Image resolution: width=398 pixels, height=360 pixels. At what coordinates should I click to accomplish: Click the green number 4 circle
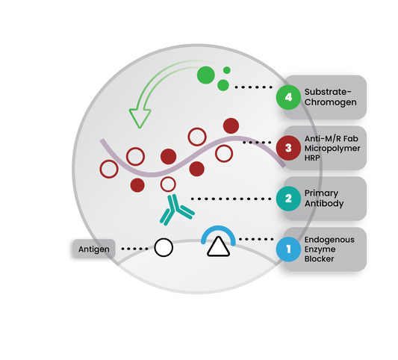[x=288, y=97]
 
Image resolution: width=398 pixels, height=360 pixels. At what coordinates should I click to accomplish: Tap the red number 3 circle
[x=288, y=148]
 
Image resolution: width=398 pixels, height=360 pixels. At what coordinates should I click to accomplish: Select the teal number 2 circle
[x=288, y=199]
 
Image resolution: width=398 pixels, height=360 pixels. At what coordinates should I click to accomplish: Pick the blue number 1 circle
[x=288, y=249]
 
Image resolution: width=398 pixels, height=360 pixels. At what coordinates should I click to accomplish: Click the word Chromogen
[x=331, y=102]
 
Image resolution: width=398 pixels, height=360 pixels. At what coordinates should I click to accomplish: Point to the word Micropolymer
[x=332, y=149]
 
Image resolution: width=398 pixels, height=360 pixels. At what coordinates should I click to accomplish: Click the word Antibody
[x=324, y=204]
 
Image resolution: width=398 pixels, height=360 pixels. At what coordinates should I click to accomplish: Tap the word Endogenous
[x=329, y=240]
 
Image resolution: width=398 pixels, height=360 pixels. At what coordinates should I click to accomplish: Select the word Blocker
[x=319, y=259]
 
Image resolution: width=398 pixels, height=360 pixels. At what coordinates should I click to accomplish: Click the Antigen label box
[x=94, y=249]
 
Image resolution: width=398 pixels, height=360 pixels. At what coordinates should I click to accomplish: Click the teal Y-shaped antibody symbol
[x=177, y=210]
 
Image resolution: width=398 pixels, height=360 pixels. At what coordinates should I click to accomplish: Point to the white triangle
[x=218, y=246]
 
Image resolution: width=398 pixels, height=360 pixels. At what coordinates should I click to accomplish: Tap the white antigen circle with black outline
[x=164, y=247]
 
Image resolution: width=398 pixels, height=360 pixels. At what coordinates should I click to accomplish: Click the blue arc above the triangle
[x=218, y=228]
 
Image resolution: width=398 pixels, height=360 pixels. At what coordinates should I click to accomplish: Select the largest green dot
[x=206, y=75]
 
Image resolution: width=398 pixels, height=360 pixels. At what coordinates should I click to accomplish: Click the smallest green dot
[x=227, y=70]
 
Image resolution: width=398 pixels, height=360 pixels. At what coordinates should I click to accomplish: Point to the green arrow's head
[x=140, y=118]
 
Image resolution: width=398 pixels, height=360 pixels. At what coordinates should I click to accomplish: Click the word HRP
[x=312, y=158]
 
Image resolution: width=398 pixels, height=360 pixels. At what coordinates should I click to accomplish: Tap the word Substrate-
[x=328, y=92]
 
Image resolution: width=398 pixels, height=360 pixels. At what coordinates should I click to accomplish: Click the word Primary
[x=321, y=193]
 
